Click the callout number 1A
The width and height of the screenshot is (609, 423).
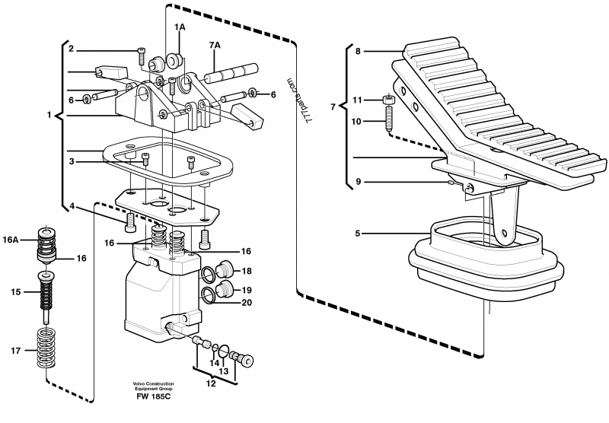180,27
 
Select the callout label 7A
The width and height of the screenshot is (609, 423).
215,45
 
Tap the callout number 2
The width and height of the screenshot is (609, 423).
70,50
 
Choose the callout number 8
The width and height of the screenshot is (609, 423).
358,52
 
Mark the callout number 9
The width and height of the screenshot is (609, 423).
358,183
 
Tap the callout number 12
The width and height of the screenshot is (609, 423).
211,383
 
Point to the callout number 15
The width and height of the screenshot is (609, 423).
14,292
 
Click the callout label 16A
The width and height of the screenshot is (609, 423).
13,239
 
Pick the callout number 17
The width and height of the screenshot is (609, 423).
14,351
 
